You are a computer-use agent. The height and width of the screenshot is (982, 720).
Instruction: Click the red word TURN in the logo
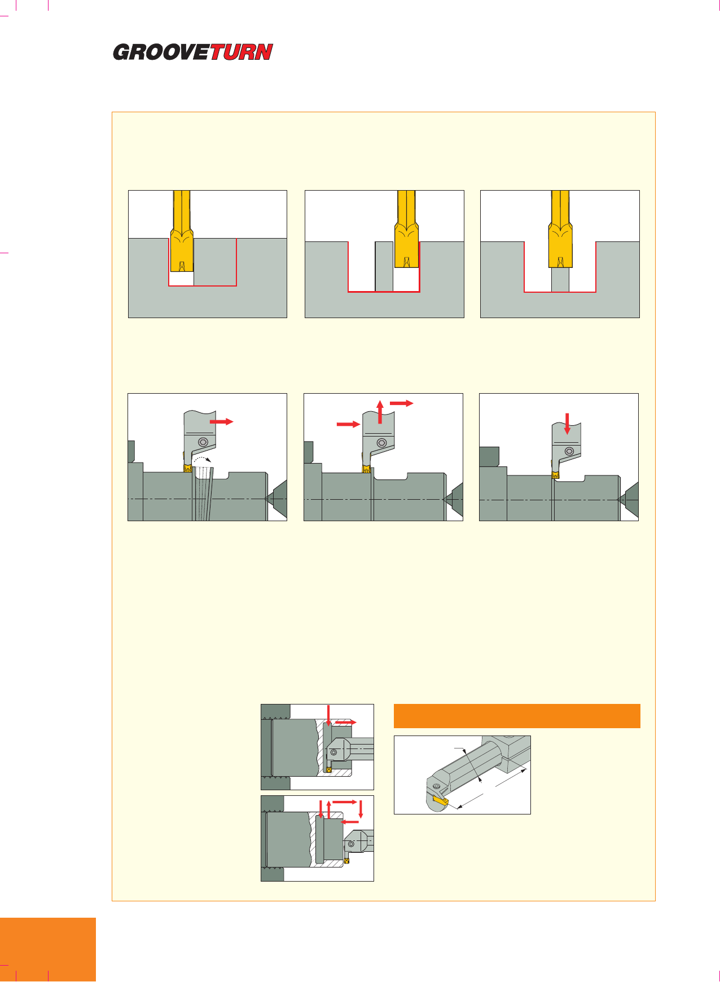point(241,52)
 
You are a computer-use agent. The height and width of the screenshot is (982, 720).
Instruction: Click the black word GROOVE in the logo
point(162,52)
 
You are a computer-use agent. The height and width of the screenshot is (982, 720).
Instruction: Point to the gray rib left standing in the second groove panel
point(384,266)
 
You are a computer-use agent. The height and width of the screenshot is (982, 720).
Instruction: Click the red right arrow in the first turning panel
point(221,421)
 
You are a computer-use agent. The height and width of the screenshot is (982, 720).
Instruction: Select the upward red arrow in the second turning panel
point(380,411)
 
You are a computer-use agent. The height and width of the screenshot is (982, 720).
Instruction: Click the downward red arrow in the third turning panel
point(568,424)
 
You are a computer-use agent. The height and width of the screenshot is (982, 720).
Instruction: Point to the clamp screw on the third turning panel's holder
point(570,451)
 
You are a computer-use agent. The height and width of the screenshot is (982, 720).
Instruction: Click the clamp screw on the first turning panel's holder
point(203,443)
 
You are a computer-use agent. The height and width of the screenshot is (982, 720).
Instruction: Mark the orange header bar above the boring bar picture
point(517,716)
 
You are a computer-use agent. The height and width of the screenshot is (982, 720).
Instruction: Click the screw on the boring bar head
point(436,787)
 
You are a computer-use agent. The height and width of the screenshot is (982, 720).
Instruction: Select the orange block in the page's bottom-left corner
point(48,950)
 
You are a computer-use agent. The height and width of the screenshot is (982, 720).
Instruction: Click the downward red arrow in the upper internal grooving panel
point(328,715)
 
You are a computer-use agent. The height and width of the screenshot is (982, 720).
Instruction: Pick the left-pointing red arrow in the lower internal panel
point(350,821)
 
